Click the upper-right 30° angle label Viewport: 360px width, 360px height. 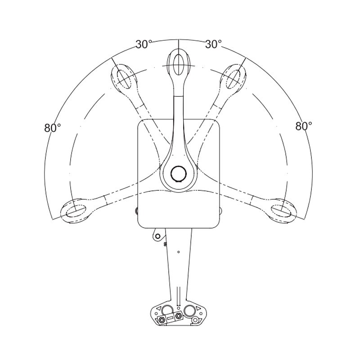click(214, 44)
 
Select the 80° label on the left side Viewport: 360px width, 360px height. click(53, 127)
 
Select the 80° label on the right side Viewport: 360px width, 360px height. click(304, 126)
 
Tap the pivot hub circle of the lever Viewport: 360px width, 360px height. click(179, 173)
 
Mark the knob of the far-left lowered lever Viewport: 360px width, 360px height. click(75, 210)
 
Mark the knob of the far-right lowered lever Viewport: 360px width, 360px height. click(283, 210)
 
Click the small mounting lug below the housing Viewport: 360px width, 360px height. click(157, 235)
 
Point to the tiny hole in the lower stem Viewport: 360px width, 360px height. click(179, 252)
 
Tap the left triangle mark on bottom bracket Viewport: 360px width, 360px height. click(158, 308)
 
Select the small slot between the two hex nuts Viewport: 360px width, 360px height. click(170, 319)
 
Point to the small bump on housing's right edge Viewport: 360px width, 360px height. click(221, 211)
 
